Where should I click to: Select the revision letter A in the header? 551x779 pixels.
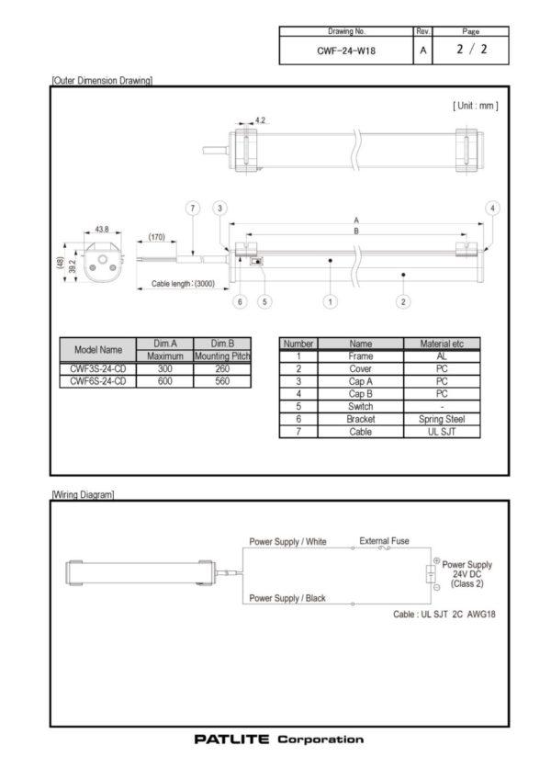(422, 51)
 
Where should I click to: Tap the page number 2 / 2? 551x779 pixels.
(471, 51)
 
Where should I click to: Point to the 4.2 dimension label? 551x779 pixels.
(260, 120)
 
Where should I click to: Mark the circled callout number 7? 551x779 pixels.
(193, 209)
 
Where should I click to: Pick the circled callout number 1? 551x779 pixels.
(330, 300)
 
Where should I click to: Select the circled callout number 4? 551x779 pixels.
(493, 209)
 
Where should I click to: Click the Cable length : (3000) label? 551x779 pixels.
(183, 284)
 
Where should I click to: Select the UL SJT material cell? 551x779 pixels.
(442, 431)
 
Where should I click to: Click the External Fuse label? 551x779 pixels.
(385, 540)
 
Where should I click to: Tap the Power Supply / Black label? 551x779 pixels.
(287, 598)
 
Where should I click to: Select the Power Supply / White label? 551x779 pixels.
(288, 542)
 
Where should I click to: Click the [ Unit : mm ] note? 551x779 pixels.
(475, 106)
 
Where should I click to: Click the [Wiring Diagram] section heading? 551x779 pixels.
(84, 494)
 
